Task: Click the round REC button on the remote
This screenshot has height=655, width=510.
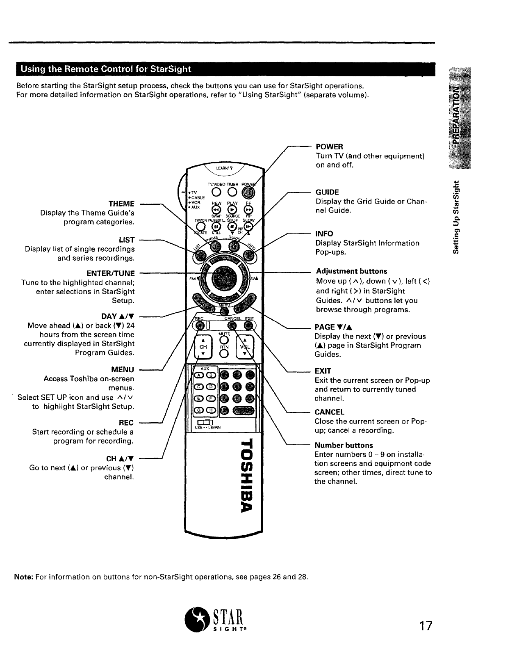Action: tap(200, 326)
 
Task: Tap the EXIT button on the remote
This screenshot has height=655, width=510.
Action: tap(249, 326)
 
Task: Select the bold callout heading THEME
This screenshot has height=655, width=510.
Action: tap(121, 204)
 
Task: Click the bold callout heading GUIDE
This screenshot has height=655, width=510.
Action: tap(327, 192)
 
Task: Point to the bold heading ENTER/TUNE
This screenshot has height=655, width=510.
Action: tap(111, 273)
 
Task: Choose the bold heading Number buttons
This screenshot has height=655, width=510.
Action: tap(344, 445)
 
